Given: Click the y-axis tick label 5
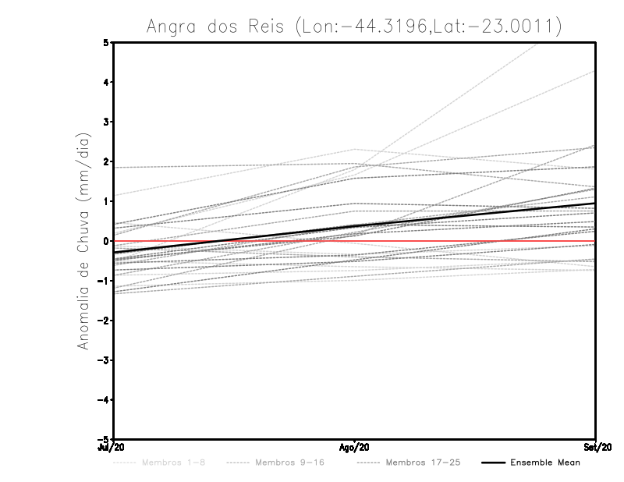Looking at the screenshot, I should (x=107, y=43).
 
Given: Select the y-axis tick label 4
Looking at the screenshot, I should (x=107, y=83).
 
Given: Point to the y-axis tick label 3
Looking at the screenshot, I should (x=107, y=122).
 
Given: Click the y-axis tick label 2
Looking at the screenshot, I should (x=107, y=161).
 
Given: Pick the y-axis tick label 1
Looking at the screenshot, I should (x=107, y=201).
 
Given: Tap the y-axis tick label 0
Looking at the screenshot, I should (x=107, y=241).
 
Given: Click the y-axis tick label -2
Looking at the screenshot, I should (x=105, y=321).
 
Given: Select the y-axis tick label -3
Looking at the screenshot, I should (x=105, y=360).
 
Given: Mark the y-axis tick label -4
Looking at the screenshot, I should (x=105, y=400).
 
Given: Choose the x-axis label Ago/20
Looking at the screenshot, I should (x=355, y=447).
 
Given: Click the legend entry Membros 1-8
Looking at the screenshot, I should (x=173, y=463).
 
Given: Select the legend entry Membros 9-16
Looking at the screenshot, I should (x=289, y=463).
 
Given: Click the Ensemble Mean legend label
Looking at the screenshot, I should (x=545, y=463).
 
